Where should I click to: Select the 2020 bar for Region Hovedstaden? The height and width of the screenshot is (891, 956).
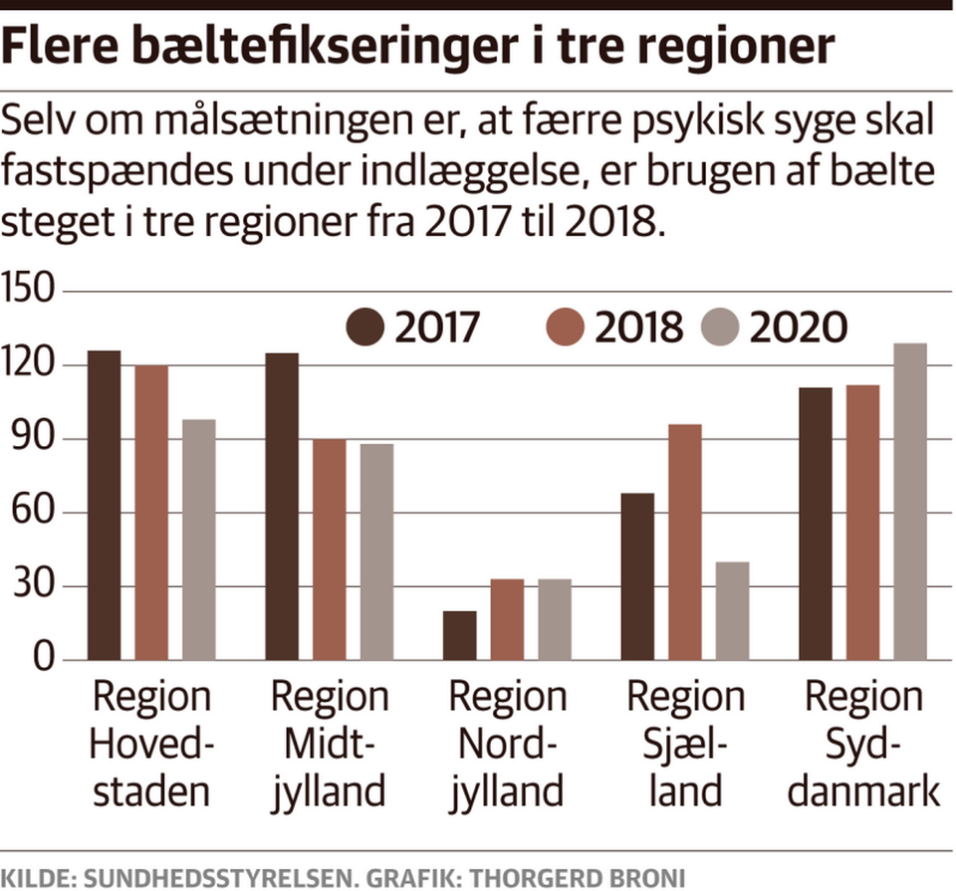(199, 540)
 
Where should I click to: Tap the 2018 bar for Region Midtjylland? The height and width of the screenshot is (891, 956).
(330, 550)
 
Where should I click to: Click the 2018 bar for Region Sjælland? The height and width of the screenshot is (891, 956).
(685, 543)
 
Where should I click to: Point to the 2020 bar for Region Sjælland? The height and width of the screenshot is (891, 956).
(732, 610)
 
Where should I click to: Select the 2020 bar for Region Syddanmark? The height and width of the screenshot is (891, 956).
(910, 502)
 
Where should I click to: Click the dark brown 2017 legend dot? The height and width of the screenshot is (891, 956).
(365, 327)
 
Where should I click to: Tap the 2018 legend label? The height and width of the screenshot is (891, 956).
(639, 327)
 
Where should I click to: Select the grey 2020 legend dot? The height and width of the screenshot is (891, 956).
(720, 327)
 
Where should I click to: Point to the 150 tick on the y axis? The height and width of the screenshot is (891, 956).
(31, 292)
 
